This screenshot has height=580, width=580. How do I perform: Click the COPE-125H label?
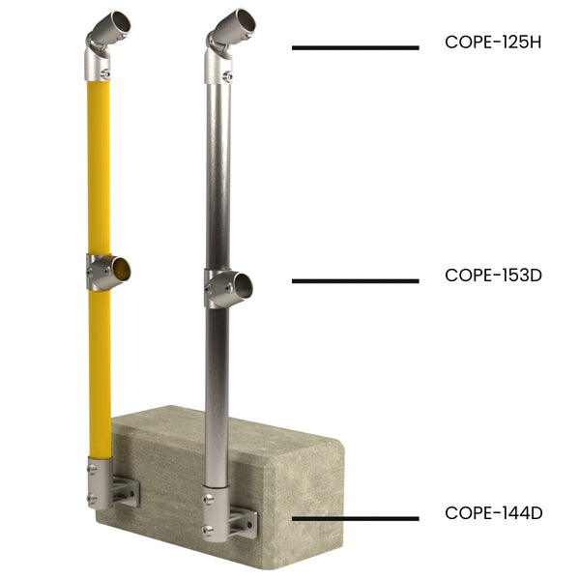click(493, 43)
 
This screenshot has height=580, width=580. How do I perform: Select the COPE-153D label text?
click(493, 275)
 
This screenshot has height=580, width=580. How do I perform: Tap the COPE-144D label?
click(493, 512)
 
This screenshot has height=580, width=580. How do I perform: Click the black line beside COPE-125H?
click(355, 47)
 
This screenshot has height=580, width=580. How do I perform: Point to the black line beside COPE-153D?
click(355, 281)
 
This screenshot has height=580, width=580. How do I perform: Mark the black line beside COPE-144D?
click(355, 518)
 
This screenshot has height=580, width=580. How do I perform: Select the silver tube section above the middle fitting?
click(217, 174)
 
